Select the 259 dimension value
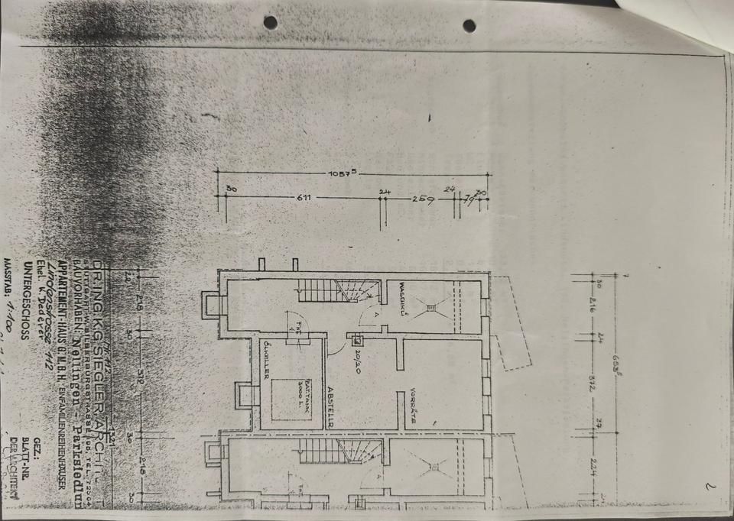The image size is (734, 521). coord(423,200)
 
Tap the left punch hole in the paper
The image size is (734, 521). coord(270,22)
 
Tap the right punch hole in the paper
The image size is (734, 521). coord(469,25)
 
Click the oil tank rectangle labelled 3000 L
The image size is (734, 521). coord(291,398)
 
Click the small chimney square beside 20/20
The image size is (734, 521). coord(357,341)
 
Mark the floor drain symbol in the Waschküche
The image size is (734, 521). coord(432,308)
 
